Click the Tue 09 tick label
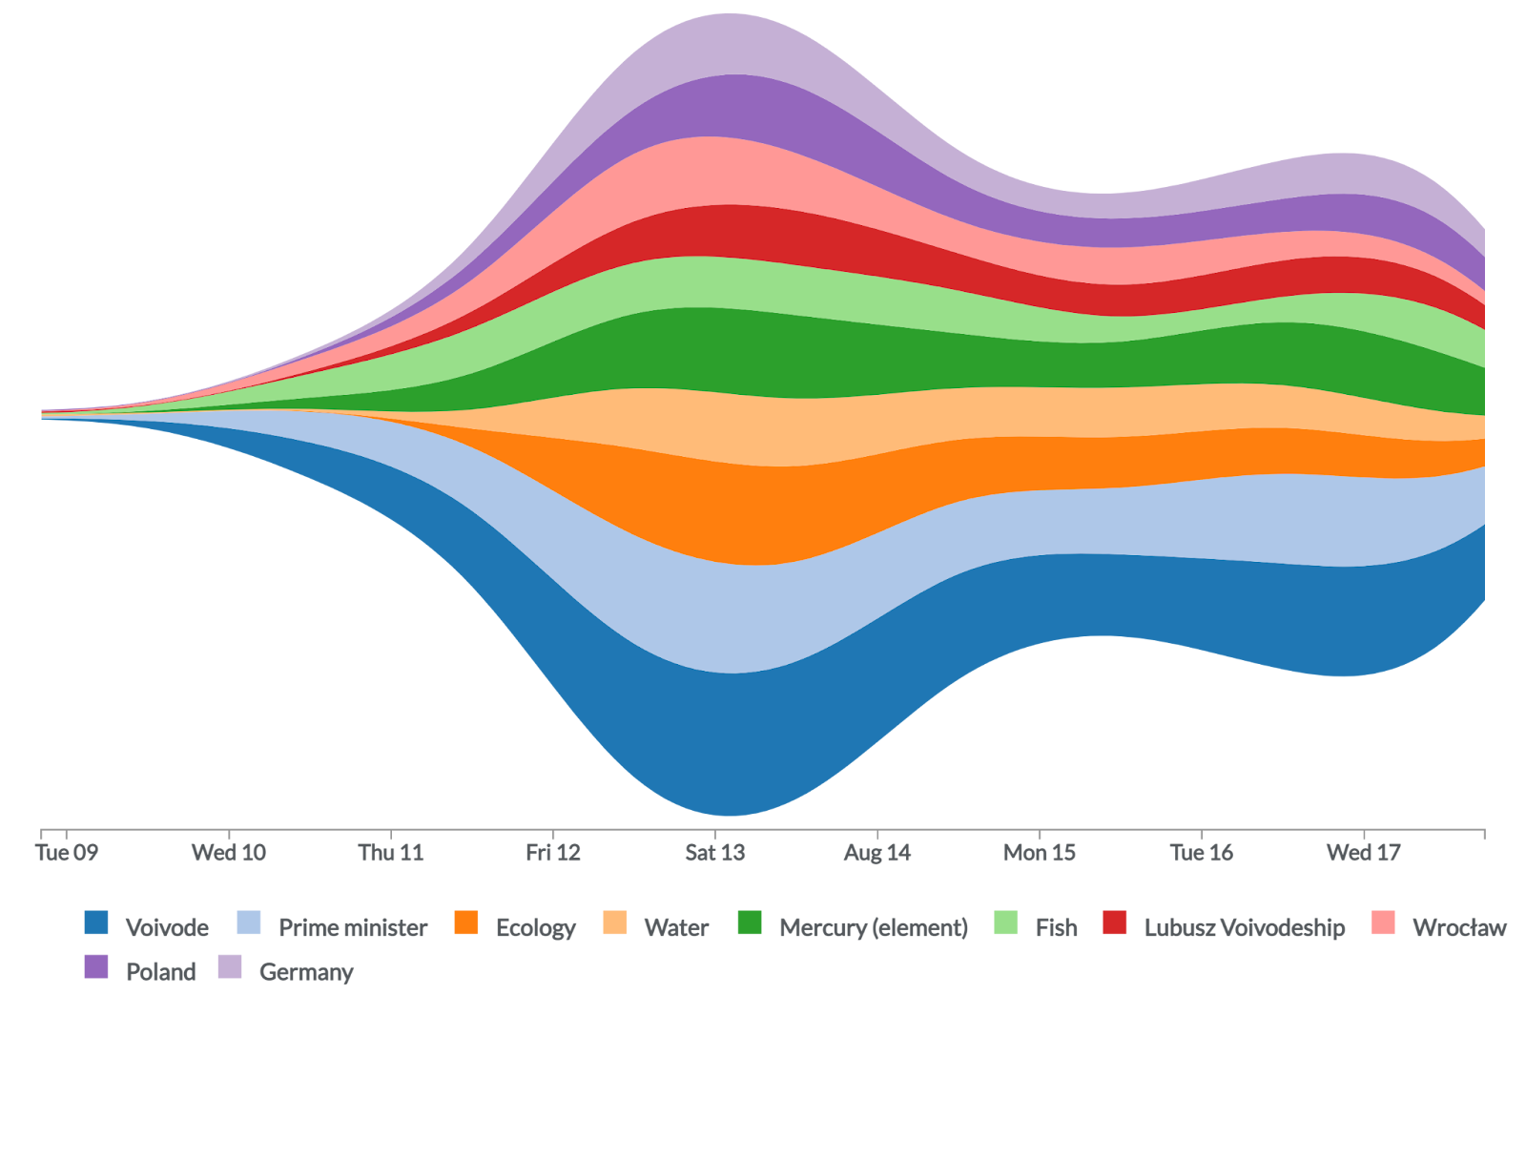(67, 853)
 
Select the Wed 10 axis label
(229, 853)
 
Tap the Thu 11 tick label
(391, 853)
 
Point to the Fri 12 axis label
(553, 853)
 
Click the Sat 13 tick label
(715, 853)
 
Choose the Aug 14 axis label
(877, 853)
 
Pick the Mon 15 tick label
(1040, 853)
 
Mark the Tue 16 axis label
(1202, 853)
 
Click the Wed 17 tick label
(1364, 853)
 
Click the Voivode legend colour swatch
(96, 923)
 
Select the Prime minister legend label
(353, 927)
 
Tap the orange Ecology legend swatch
(466, 923)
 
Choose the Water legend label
(676, 927)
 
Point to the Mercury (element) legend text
(873, 927)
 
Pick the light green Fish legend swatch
(1006, 923)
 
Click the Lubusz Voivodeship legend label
(1245, 927)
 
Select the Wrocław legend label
(1459, 927)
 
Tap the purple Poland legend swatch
(96, 967)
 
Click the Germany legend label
(306, 972)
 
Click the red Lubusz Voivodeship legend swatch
(1115, 923)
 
